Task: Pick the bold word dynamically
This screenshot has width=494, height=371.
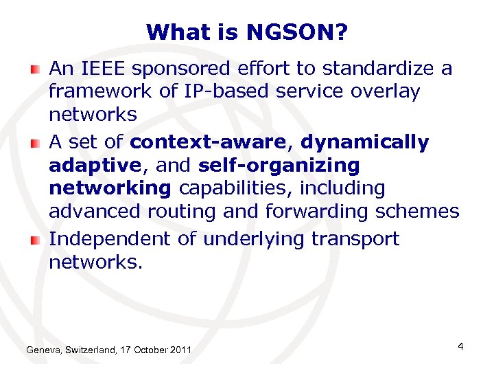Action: (365, 142)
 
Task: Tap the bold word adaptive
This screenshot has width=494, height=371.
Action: (93, 165)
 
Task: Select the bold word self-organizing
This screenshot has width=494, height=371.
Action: (279, 165)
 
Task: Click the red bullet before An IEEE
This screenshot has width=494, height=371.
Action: (35, 69)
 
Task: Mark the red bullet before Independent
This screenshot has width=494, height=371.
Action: (35, 239)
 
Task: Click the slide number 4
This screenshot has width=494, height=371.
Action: (460, 346)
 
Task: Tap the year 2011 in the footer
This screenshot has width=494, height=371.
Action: (180, 351)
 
